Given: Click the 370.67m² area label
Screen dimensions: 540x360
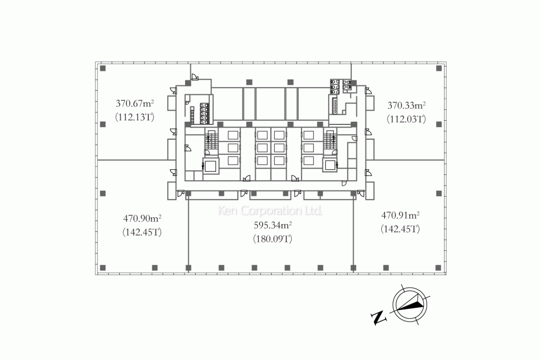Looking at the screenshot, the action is tap(134, 103).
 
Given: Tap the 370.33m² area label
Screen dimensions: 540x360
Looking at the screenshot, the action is tap(407, 105).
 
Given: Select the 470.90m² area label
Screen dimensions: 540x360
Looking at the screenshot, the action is tap(142, 218).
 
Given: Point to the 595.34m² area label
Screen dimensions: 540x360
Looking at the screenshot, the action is tap(273, 225).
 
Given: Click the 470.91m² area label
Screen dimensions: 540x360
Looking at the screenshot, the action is tap(400, 215).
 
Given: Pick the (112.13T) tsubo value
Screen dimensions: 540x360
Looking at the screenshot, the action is tap(134, 117).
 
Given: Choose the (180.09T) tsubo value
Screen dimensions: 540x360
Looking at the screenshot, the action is tap(273, 239).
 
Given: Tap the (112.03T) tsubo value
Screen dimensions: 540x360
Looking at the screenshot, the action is tap(407, 119).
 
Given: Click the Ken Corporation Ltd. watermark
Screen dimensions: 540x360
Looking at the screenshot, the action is tap(270, 210).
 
